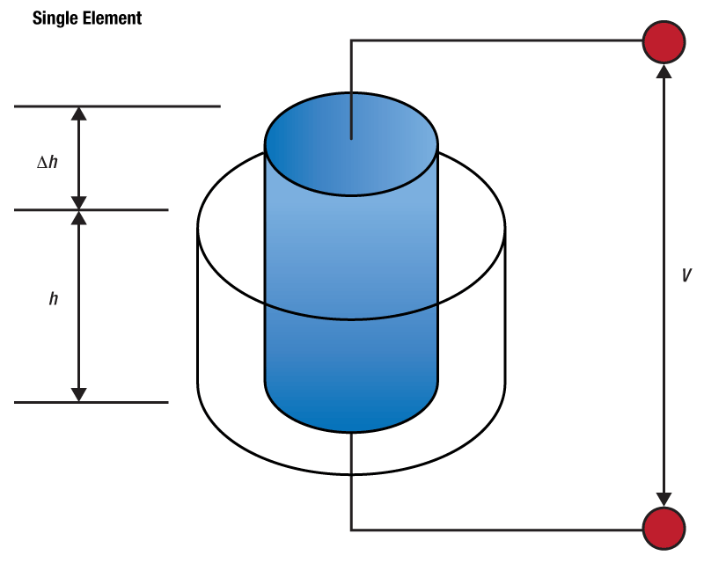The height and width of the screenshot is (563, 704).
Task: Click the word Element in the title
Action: click(x=112, y=18)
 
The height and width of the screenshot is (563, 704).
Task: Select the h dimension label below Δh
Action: click(x=54, y=299)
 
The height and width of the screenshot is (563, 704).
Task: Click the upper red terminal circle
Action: click(x=664, y=40)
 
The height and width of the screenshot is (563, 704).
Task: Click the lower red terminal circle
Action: click(x=664, y=529)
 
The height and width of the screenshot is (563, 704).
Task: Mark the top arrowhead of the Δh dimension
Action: click(x=80, y=113)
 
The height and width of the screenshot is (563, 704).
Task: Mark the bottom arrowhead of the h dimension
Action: click(x=80, y=394)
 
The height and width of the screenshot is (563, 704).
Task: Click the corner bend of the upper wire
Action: click(x=352, y=40)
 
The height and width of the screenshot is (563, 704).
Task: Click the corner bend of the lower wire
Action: click(x=352, y=529)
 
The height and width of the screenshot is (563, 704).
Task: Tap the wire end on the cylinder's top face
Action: click(x=351, y=136)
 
